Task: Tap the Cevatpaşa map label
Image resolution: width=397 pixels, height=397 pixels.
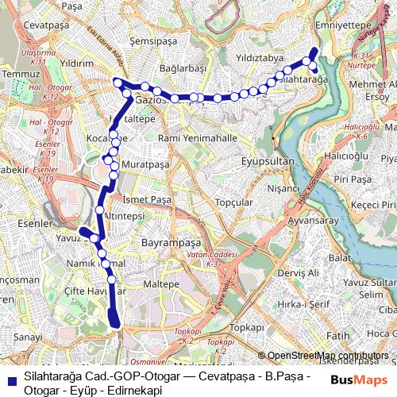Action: click(x=43, y=25)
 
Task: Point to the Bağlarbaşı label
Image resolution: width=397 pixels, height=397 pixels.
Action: click(x=182, y=69)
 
